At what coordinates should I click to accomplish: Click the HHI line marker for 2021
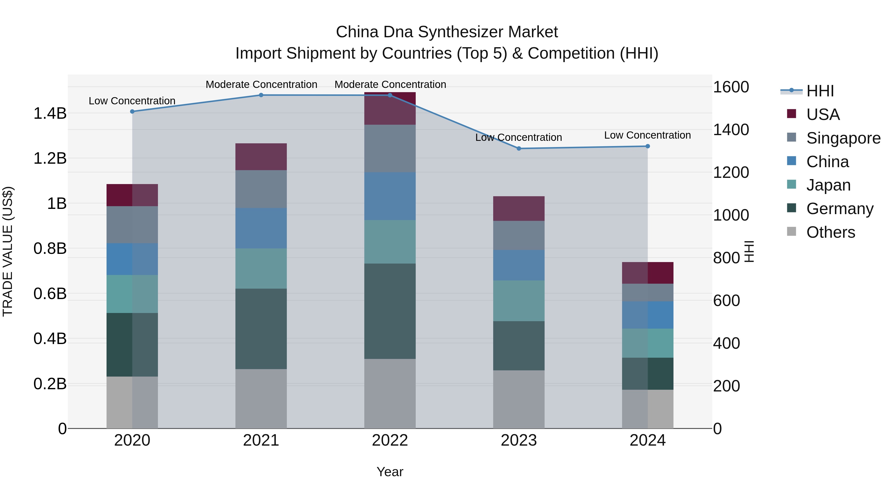[x=261, y=95]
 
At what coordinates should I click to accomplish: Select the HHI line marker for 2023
[x=519, y=149]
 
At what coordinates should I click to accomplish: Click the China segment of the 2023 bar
[x=519, y=265]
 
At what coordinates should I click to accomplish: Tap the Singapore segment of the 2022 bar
[x=390, y=149]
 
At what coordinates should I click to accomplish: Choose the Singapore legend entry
[x=843, y=138]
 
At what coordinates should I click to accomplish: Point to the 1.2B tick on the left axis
[x=50, y=158]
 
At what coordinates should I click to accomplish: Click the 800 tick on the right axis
[x=726, y=258]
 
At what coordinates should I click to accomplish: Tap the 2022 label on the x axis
[x=390, y=440]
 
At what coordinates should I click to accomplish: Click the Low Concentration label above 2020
[x=132, y=101]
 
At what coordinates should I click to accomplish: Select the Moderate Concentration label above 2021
[x=261, y=84]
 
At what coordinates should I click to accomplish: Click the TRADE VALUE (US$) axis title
[x=8, y=251]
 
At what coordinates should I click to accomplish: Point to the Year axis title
[x=390, y=472]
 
